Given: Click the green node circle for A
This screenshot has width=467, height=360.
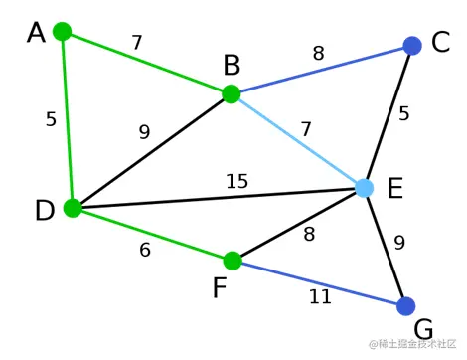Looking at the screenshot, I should point(62,31).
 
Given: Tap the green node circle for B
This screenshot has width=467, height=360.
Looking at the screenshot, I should point(231,94).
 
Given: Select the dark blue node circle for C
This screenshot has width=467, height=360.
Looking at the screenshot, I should point(413,46).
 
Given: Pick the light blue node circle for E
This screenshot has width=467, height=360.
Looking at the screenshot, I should point(364,188).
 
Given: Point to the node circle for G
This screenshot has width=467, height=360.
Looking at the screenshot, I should point(405,306).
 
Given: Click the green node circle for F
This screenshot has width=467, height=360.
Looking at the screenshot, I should point(233,261).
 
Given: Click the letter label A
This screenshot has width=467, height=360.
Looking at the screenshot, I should point(37,34).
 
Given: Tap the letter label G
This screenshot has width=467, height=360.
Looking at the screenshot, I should point(424,330).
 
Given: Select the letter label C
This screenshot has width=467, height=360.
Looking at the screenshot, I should point(441,44).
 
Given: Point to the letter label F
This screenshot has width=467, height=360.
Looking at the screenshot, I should point(220,289).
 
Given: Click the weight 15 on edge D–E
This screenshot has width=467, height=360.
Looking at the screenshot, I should point(236,181).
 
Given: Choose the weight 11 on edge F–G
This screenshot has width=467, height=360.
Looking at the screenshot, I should point(319,296).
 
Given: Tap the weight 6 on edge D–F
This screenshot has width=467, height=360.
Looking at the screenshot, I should point(145,251).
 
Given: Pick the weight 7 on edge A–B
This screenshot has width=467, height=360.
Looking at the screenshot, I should point(137,43).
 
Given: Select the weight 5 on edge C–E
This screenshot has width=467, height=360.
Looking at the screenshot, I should point(404,113).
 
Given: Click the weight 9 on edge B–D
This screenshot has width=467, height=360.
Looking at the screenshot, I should point(145,131).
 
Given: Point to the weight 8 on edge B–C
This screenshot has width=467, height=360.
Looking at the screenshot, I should point(318,54).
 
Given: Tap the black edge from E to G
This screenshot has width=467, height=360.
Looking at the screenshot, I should point(385,248).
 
